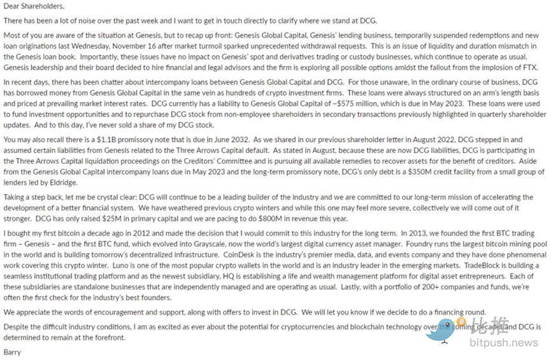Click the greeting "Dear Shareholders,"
pyautogui.click(x=34, y=6)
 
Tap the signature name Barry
pyautogui.click(x=12, y=352)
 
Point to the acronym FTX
pyautogui.click(x=529, y=68)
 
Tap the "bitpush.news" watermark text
pyautogui.click(x=503, y=343)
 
